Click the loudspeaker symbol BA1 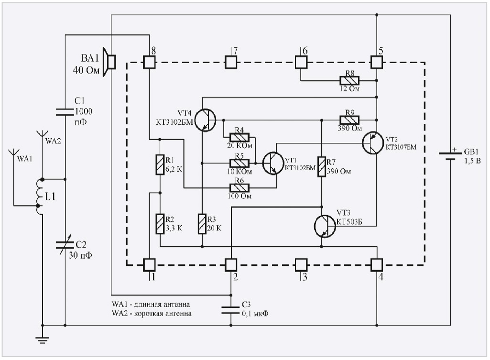[x=111, y=62]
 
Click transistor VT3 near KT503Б [x=326, y=225]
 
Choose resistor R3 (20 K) [x=202, y=223]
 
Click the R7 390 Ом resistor [x=322, y=167]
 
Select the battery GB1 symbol [x=450, y=155]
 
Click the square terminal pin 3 [x=301, y=264]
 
